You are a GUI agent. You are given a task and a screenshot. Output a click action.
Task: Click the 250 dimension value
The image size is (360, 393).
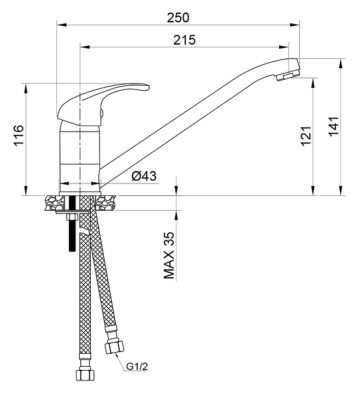[x=178, y=17]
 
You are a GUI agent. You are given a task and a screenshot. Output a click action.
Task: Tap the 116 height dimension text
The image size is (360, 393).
[x=18, y=135]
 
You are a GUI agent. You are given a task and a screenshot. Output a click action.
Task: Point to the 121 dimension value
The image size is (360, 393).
[x=305, y=135]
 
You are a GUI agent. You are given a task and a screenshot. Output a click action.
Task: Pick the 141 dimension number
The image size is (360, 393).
[x=334, y=126]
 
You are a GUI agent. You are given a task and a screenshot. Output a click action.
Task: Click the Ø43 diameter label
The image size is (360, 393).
[x=144, y=176]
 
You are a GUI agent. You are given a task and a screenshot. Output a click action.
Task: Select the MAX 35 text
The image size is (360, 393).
[x=170, y=255]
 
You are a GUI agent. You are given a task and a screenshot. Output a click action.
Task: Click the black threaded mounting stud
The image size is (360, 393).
[x=71, y=232]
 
